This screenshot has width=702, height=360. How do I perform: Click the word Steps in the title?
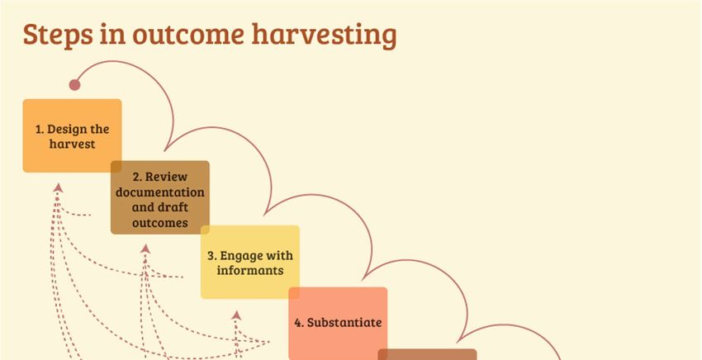58,35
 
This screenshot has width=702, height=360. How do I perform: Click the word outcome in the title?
188,35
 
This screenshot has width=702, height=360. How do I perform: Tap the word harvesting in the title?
324,35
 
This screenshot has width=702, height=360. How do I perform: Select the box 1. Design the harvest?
72,135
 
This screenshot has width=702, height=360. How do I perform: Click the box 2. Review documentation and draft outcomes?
160,197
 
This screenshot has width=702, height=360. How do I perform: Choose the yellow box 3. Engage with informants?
249,262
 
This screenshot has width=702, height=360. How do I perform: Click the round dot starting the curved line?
75,84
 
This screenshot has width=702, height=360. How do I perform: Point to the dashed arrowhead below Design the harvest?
58,187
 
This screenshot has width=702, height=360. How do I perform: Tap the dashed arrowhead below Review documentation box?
145,249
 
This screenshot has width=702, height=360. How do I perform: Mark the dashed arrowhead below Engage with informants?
236,315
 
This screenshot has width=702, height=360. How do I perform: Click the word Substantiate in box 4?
344,322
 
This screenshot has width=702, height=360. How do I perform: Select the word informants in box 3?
249,271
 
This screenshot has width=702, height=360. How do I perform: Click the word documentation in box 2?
160,192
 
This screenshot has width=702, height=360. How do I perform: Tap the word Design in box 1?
67,130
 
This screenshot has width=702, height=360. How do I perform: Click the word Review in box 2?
166,177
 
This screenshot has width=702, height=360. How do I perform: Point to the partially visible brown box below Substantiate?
427,354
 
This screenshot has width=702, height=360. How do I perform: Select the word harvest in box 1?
72,144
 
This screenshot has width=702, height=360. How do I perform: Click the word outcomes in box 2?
160,223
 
